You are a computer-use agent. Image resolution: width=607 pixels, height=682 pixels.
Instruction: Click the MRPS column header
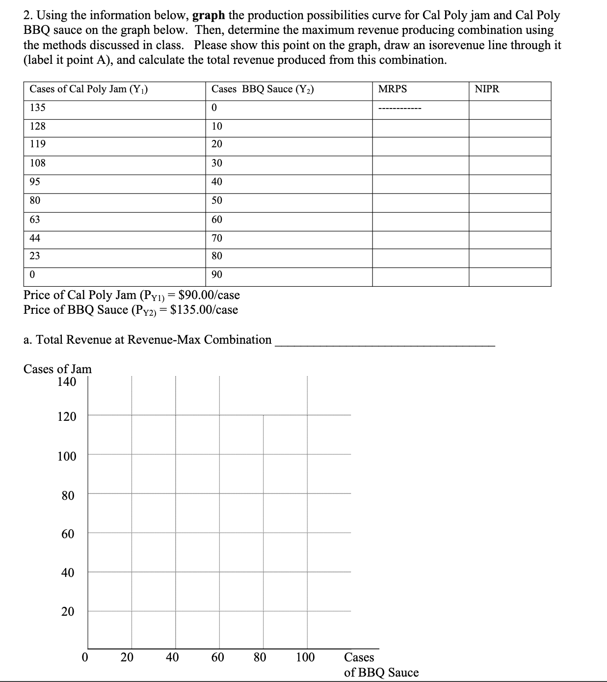(393, 89)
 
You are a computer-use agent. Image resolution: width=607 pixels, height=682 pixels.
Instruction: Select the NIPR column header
(487, 89)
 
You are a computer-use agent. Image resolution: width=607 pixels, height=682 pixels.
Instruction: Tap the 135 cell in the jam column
(38, 108)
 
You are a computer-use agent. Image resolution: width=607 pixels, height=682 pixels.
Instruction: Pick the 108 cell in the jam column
(38, 163)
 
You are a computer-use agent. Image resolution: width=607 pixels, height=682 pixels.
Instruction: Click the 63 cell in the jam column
(35, 219)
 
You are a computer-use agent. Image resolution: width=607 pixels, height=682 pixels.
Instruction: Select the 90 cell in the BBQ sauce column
(216, 274)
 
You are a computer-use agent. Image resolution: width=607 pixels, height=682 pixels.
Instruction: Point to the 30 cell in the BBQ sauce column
(216, 163)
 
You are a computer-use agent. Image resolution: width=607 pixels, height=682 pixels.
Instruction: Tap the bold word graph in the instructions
(208, 15)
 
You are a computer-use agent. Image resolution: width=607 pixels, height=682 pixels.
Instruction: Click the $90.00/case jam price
(209, 295)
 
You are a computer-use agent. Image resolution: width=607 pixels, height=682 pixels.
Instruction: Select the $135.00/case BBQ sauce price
(204, 310)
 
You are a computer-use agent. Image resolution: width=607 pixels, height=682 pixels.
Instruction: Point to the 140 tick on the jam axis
(67, 382)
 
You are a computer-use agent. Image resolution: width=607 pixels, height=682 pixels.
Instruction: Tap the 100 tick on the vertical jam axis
(67, 457)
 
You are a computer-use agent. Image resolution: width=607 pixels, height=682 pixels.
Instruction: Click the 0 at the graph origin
(85, 657)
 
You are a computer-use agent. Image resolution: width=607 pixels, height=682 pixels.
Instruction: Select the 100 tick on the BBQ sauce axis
(305, 657)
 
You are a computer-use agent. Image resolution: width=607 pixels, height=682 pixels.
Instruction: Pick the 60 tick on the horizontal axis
(218, 657)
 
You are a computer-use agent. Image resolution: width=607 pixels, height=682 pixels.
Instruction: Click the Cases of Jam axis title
(57, 369)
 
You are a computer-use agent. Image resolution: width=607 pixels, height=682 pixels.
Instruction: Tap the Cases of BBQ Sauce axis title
(381, 665)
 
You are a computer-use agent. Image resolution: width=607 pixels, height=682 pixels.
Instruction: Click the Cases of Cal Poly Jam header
(89, 89)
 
